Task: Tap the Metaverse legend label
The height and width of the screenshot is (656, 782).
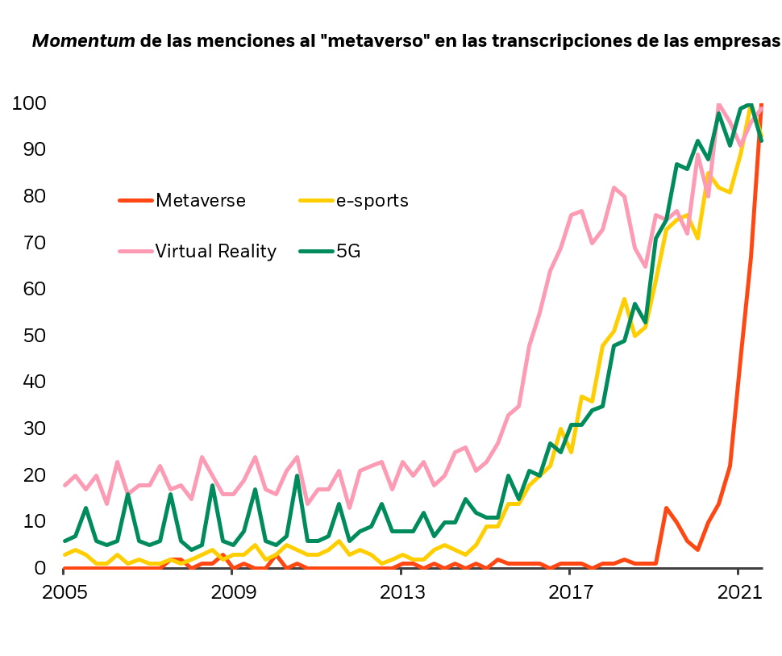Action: coord(201,200)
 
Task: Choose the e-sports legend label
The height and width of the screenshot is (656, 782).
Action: coord(372,200)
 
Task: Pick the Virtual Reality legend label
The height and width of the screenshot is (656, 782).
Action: coord(216,251)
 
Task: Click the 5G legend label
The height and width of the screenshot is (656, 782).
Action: coord(348,251)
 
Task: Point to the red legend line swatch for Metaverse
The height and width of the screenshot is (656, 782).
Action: coord(135,200)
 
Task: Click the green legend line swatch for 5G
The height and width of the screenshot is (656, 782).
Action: coord(315,251)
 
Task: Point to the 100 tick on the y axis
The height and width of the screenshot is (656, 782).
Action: coord(29,103)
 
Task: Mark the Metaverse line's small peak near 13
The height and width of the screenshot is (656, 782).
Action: coord(666,508)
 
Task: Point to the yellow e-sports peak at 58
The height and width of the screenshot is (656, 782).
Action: coord(624,299)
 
